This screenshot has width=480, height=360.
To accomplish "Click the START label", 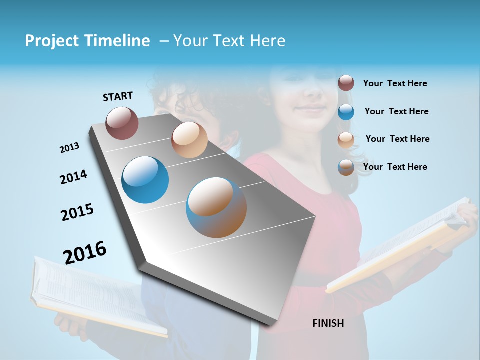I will pos(118,96).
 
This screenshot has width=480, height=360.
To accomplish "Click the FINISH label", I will pos(328,323).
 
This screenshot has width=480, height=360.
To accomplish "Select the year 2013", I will pos(69,148).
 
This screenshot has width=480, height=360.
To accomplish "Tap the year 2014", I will pos(73,177).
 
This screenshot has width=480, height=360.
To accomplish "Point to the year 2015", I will pos(77,212).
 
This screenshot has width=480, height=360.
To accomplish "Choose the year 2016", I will pos(85,252).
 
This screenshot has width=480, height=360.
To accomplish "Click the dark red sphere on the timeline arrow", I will pos(122,123).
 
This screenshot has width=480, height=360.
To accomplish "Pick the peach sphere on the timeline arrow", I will pos(189,140).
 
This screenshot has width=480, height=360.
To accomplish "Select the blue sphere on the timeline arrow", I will pos(145,180).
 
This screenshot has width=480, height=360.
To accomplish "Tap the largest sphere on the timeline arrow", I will pos(216,207).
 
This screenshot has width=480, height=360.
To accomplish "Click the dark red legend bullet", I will pos(346,83).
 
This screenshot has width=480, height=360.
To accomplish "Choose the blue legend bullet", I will pos(346,111).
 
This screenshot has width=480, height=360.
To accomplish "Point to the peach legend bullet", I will pos(346,139).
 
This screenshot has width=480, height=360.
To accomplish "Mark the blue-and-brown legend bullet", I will pos(346,167).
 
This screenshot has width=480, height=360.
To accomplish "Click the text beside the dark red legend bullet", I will pos(395,83).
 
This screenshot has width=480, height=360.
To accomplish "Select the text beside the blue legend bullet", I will pos(396,111).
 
